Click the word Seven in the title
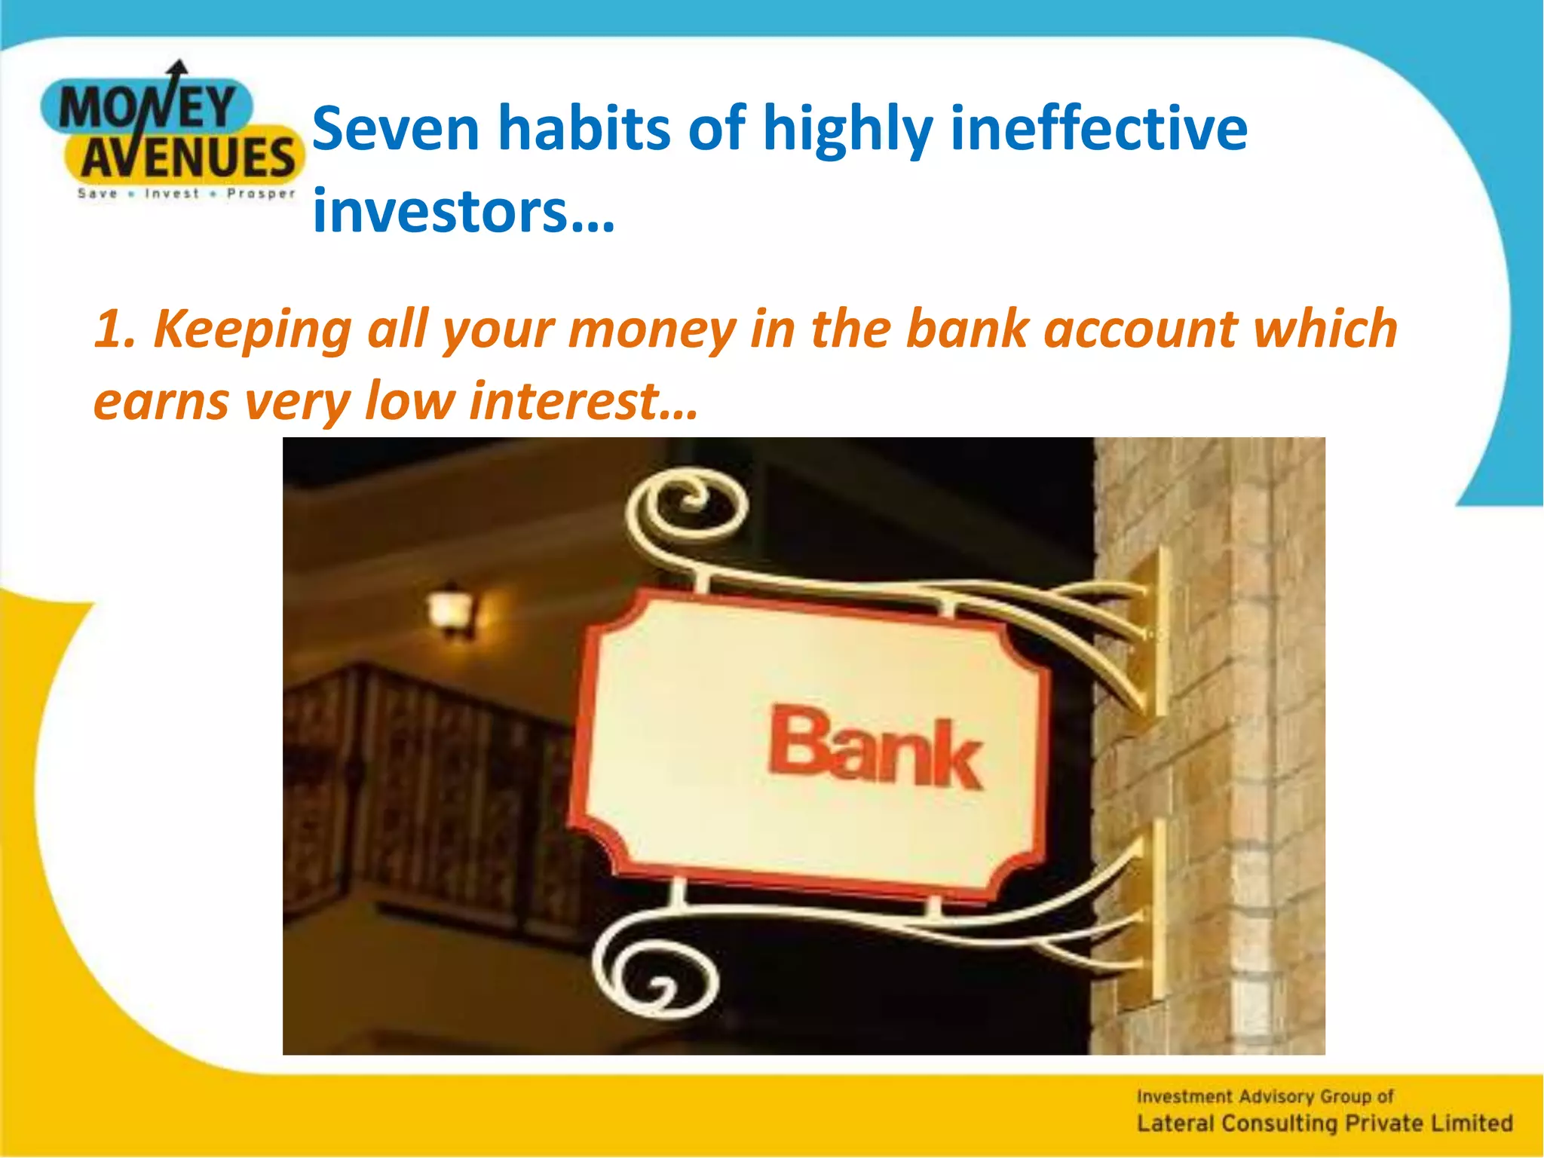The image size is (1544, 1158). (x=396, y=129)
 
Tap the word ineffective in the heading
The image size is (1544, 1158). (x=1098, y=129)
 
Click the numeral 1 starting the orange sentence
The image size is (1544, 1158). (x=109, y=329)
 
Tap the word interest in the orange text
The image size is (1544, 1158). (x=565, y=400)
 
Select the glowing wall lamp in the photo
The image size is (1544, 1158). (x=452, y=609)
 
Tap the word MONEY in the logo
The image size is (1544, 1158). (x=147, y=108)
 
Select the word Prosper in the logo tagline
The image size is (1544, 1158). (x=261, y=194)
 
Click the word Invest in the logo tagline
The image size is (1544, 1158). (x=172, y=194)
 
